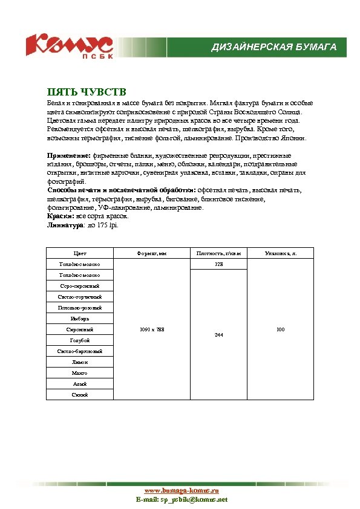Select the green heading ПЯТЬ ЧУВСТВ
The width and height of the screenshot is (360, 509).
87,92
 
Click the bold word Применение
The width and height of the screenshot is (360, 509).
68,155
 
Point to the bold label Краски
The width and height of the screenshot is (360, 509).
60,216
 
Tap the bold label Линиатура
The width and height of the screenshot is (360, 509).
65,225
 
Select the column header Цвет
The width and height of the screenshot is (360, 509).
80,253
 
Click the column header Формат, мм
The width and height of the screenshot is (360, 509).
152,253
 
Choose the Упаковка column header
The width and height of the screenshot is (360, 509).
280,253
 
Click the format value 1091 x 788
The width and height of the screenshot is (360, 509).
152,329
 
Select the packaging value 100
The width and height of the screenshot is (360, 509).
280,329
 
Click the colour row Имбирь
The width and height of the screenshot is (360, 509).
80,319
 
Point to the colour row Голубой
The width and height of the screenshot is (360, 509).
80,340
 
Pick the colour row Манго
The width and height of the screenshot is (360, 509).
80,373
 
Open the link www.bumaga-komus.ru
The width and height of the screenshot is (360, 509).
181,491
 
